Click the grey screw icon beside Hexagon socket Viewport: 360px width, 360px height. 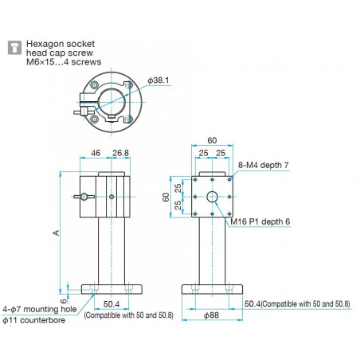point(14,48)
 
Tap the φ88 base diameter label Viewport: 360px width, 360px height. point(211,317)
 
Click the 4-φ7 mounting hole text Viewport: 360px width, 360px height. point(40,309)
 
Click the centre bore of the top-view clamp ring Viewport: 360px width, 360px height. point(111,101)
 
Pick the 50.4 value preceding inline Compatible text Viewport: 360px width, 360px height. point(253,304)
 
